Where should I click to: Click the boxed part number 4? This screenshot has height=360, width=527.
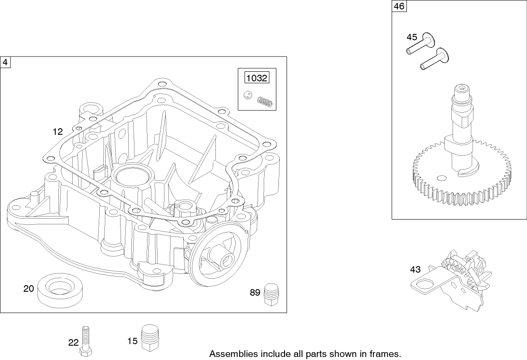tap(5, 62)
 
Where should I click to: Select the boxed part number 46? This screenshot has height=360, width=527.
tap(398, 6)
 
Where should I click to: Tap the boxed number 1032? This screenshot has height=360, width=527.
tap(257, 78)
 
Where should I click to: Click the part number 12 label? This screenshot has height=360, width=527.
tap(58, 131)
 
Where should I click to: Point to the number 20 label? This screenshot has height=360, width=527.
tap(29, 288)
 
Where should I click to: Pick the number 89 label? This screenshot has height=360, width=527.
tap(255, 293)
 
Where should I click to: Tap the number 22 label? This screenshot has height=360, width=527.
tap(73, 343)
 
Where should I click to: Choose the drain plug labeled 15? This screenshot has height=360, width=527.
tap(149, 336)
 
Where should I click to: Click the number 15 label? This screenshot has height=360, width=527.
tap(132, 341)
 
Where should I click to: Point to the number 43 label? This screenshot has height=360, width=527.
tap(415, 270)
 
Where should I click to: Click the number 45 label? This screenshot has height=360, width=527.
tap(412, 37)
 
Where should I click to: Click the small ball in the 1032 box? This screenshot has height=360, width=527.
tap(248, 95)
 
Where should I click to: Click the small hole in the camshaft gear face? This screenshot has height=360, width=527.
tap(442, 177)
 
